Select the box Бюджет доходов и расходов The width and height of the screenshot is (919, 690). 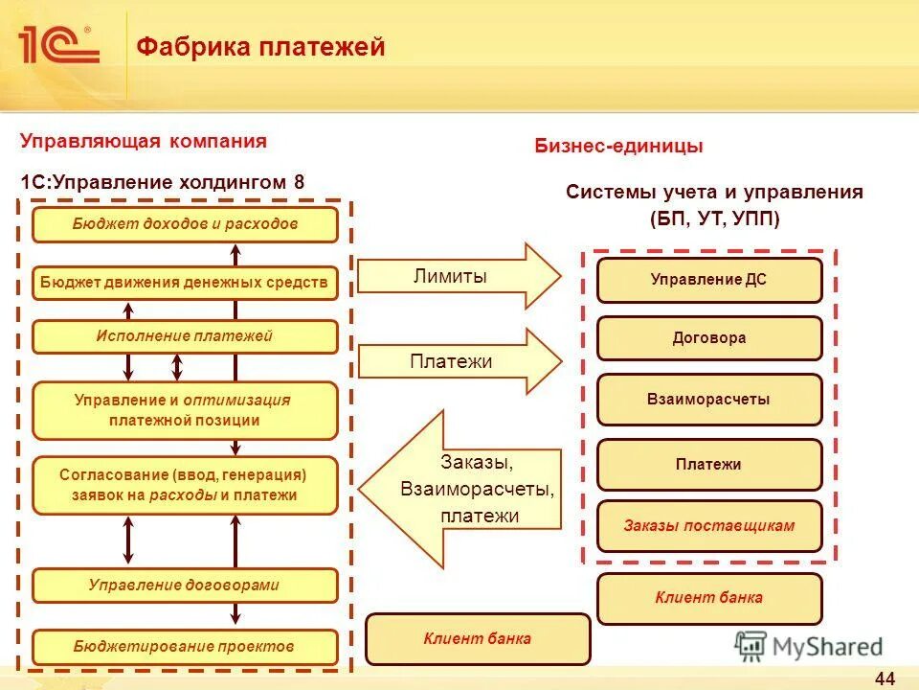(185, 224)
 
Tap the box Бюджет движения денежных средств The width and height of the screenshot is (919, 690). (185, 283)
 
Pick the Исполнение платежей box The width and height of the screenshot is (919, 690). (185, 336)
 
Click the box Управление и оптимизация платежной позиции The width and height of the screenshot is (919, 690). (185, 410)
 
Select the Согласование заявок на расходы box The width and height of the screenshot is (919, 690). (185, 485)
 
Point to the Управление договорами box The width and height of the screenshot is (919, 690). (185, 585)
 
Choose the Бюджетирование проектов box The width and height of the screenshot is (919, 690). (185, 647)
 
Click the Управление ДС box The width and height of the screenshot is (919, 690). (709, 280)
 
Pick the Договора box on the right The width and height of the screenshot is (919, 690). (709, 338)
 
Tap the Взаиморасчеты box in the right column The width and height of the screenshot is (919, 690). (709, 400)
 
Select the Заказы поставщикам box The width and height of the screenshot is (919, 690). (709, 526)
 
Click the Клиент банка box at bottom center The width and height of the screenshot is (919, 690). (478, 639)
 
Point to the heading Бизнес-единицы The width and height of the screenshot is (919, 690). (618, 147)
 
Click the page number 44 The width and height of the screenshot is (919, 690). (885, 678)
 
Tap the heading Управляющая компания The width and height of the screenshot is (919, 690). (144, 142)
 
